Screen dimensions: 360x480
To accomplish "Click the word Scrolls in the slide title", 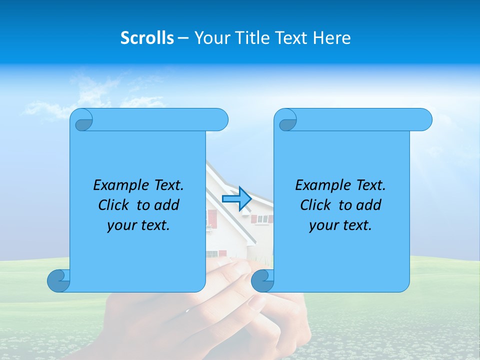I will pos(147,38).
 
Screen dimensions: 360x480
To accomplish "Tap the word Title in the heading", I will pos(251,38).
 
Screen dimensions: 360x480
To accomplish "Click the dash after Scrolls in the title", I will pos(183,38).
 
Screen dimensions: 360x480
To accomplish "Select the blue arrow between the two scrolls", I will pos(236,199).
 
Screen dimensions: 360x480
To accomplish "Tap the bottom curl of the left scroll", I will pos(58,281).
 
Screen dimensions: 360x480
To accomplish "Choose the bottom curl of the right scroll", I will pos(262,281).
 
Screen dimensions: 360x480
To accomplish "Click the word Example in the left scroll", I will pos(118,185).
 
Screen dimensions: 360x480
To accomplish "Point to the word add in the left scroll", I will pos(166,205).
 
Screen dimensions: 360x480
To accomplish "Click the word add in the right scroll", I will pos(368,205).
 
